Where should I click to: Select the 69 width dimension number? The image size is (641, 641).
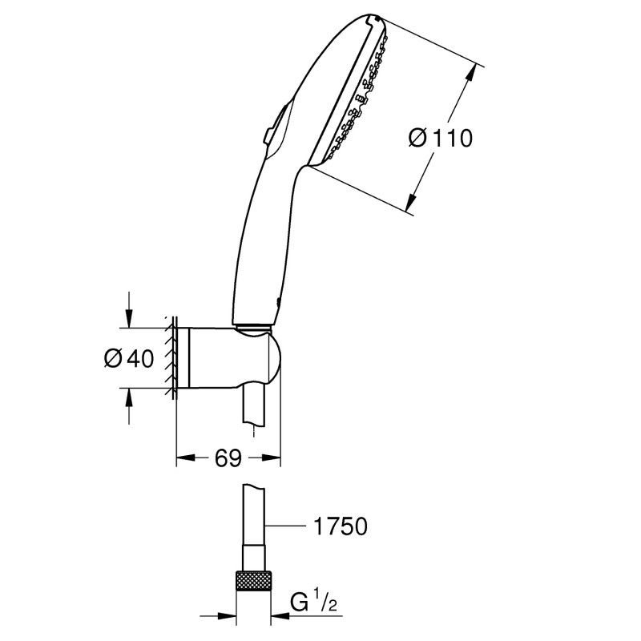pos(228,458)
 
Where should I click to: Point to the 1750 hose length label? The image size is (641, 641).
pos(338,526)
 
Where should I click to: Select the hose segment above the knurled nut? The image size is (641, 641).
pos(253,529)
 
